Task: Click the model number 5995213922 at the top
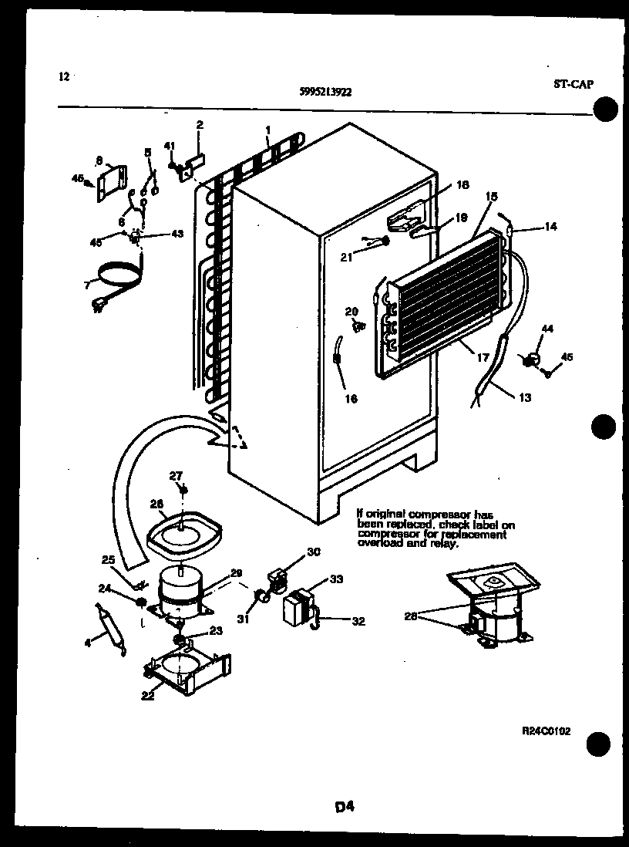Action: pos(325,91)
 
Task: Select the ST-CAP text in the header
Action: pos(573,85)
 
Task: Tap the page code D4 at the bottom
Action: pos(344,807)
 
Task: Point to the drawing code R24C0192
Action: pos(546,731)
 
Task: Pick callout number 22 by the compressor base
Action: pos(147,695)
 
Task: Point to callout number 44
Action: pos(547,329)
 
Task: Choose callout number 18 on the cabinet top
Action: pos(462,185)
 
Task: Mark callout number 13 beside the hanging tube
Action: pos(524,398)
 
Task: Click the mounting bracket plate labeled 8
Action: pos(113,182)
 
